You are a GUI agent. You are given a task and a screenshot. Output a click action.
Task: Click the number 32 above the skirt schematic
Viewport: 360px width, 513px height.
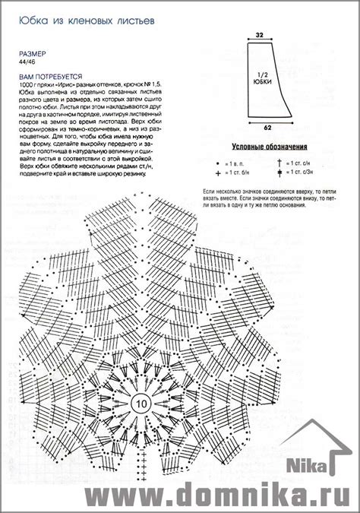click(x=259, y=35)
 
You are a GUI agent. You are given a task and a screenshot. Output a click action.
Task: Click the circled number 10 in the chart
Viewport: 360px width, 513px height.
click(x=141, y=401)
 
